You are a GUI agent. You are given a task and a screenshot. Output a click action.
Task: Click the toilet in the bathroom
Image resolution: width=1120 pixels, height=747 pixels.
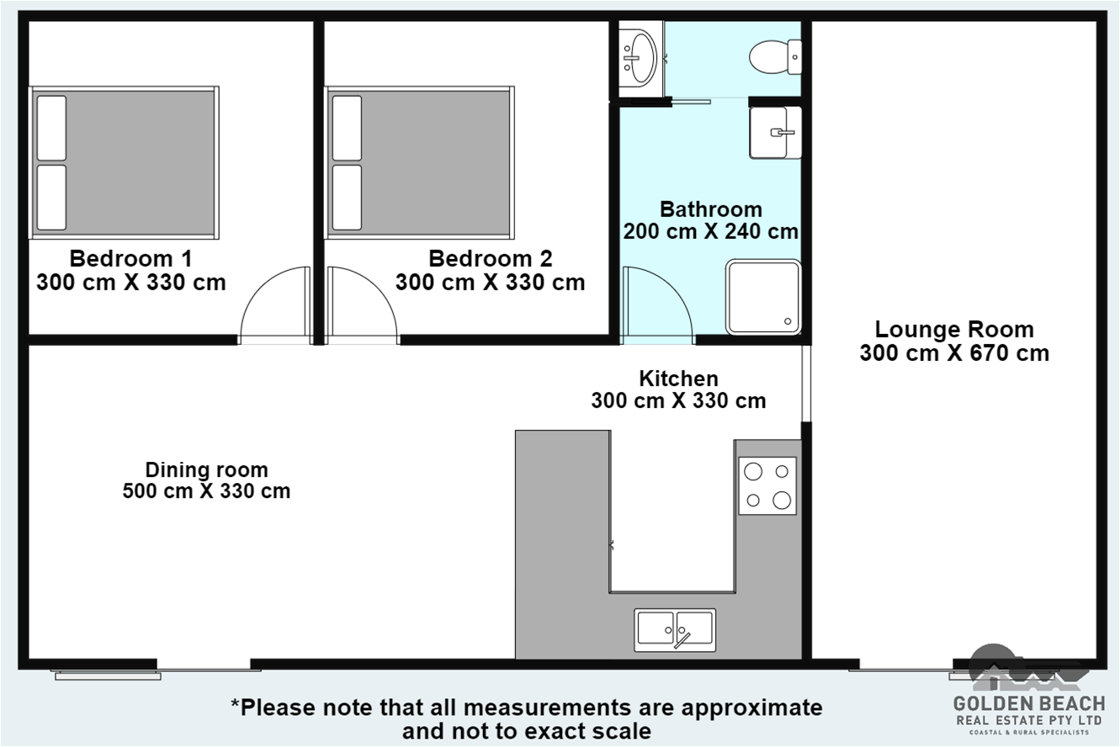tap(775, 57)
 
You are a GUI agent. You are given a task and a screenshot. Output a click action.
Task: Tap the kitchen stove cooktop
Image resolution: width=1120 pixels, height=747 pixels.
tap(767, 485)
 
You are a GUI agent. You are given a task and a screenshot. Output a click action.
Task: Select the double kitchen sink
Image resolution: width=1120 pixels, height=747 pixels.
tap(675, 630)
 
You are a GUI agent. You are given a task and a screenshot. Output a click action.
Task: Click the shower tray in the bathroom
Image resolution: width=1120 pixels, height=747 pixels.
tap(763, 296)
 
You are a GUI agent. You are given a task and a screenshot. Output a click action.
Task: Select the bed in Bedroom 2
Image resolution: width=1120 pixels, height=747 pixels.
tap(420, 162)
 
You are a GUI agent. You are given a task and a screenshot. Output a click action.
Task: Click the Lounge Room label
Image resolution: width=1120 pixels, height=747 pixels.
tap(954, 330)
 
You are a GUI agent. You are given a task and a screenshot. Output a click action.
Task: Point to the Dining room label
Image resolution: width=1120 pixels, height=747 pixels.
tap(206, 470)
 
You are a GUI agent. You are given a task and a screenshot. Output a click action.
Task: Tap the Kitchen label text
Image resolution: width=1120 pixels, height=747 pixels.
tap(678, 379)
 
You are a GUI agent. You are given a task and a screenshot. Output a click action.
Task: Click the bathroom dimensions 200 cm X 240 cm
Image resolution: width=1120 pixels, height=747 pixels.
tap(710, 231)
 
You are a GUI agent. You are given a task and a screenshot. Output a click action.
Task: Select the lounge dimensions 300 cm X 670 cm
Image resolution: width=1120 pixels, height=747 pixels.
tap(954, 353)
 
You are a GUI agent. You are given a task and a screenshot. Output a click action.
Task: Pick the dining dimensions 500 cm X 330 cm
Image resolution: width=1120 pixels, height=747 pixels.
tap(206, 491)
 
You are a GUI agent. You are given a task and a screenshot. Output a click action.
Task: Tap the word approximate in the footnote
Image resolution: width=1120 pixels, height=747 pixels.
tap(751, 708)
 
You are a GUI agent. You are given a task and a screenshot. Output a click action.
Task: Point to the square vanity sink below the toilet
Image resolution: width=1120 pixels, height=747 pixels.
tap(775, 133)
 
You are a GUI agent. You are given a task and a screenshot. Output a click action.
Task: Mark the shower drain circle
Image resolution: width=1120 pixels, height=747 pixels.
tap(788, 321)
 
